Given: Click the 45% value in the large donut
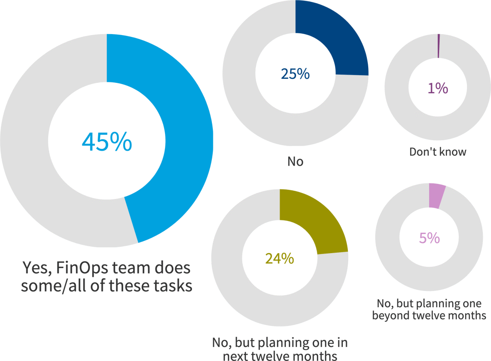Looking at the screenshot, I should [107, 142].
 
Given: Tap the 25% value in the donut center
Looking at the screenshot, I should [295, 74].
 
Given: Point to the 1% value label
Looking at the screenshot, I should [438, 88].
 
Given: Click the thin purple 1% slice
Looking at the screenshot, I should [438, 46].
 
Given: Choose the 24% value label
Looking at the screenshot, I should [279, 258].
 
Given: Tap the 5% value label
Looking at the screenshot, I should [429, 238].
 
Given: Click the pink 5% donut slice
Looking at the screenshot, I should [436, 196].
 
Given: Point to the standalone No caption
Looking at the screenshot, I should [295, 161].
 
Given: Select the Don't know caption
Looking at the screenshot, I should [438, 152].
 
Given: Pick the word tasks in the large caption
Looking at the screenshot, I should [172, 286].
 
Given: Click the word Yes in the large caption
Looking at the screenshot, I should [35, 268].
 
